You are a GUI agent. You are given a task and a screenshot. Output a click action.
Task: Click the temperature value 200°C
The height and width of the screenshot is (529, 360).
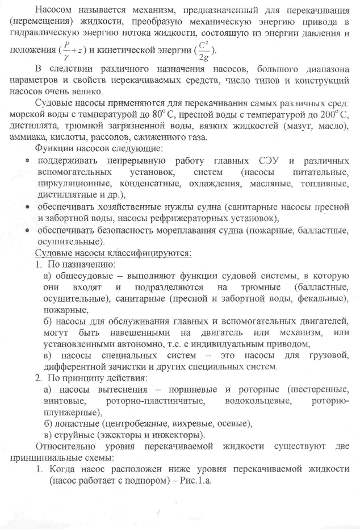[336, 114]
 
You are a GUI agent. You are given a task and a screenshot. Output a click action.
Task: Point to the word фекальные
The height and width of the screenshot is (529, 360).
[318, 298]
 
